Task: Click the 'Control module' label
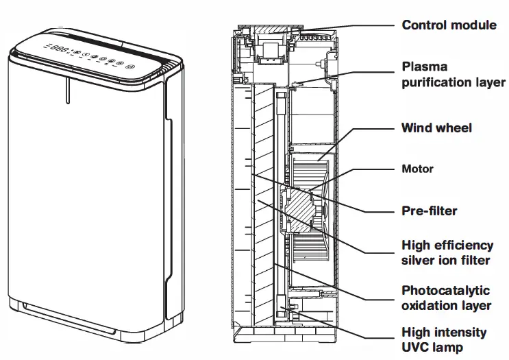coord(449,25)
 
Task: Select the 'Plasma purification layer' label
coord(453,75)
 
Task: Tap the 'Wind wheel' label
coord(436,128)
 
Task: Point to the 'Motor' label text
coord(417,169)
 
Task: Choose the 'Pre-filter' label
coord(429,211)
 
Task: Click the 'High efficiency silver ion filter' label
coord(447,252)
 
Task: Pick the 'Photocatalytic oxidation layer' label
coord(446,298)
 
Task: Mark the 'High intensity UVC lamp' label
coord(443,339)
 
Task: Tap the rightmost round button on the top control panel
coord(131,67)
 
